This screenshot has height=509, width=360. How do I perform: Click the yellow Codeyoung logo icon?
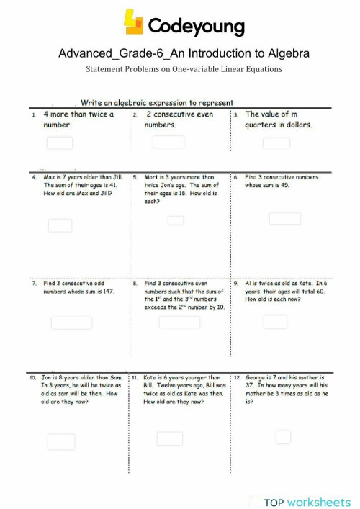point(133,22)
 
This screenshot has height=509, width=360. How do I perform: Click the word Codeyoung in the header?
point(196,27)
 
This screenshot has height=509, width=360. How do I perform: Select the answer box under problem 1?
point(60,143)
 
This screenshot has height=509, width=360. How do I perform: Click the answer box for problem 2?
point(168,142)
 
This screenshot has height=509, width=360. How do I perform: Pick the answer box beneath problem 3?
point(276,143)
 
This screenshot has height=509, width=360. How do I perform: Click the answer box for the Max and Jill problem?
point(60,225)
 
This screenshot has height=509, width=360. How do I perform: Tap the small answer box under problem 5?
point(176,220)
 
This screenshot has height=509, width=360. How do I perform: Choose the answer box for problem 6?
point(285,218)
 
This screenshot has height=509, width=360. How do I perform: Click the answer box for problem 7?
point(71,323)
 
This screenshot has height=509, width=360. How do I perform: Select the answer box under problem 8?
point(179,322)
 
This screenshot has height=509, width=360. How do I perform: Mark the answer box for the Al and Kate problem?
point(275,322)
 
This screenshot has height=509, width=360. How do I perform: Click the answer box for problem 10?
point(61,441)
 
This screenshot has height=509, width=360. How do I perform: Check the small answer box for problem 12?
point(283,437)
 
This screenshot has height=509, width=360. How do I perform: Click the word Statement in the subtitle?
point(108,69)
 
